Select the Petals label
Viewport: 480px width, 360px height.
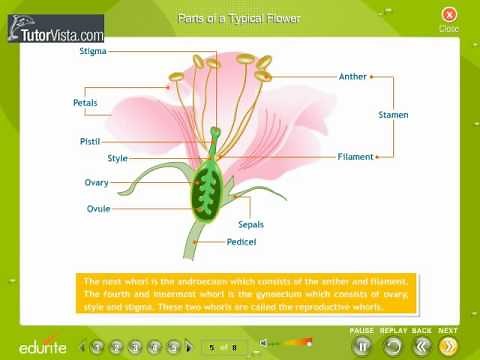coord(85,103)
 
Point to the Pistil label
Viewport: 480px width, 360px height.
coord(90,142)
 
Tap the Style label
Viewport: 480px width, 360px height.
coord(117,158)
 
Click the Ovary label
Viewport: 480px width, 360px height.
coord(96,183)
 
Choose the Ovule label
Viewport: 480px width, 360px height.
coord(98,208)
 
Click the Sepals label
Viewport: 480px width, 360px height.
coord(251,225)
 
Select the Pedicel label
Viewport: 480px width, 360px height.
coord(244,241)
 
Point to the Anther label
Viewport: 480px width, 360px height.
coord(352,76)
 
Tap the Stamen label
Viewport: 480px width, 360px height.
coord(393,115)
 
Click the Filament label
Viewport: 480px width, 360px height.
coord(355,157)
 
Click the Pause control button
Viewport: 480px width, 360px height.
coord(363,346)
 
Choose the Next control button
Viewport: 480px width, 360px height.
coord(448,346)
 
